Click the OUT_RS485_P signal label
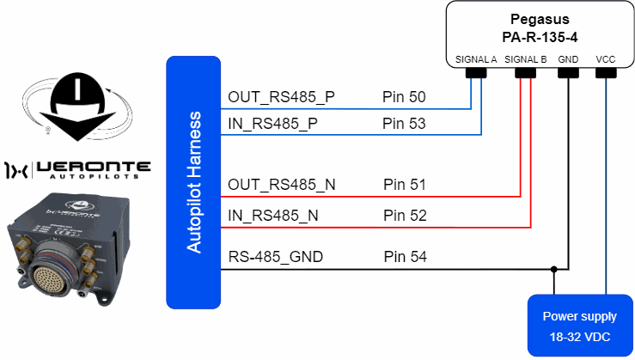(x=281, y=97)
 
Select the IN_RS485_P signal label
(x=272, y=124)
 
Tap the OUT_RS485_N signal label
(x=282, y=185)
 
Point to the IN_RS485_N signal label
(x=273, y=216)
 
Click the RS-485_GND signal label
(x=277, y=257)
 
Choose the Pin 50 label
(x=404, y=97)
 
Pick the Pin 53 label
(x=404, y=124)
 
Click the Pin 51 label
(x=404, y=185)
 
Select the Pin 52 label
(x=404, y=216)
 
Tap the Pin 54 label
(x=404, y=257)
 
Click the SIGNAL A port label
(x=476, y=60)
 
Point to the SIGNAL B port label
(x=526, y=60)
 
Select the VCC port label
(x=607, y=60)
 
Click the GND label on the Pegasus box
(x=568, y=60)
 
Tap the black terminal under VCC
(x=607, y=73)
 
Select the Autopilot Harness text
(x=194, y=181)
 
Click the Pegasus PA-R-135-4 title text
(x=540, y=28)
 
